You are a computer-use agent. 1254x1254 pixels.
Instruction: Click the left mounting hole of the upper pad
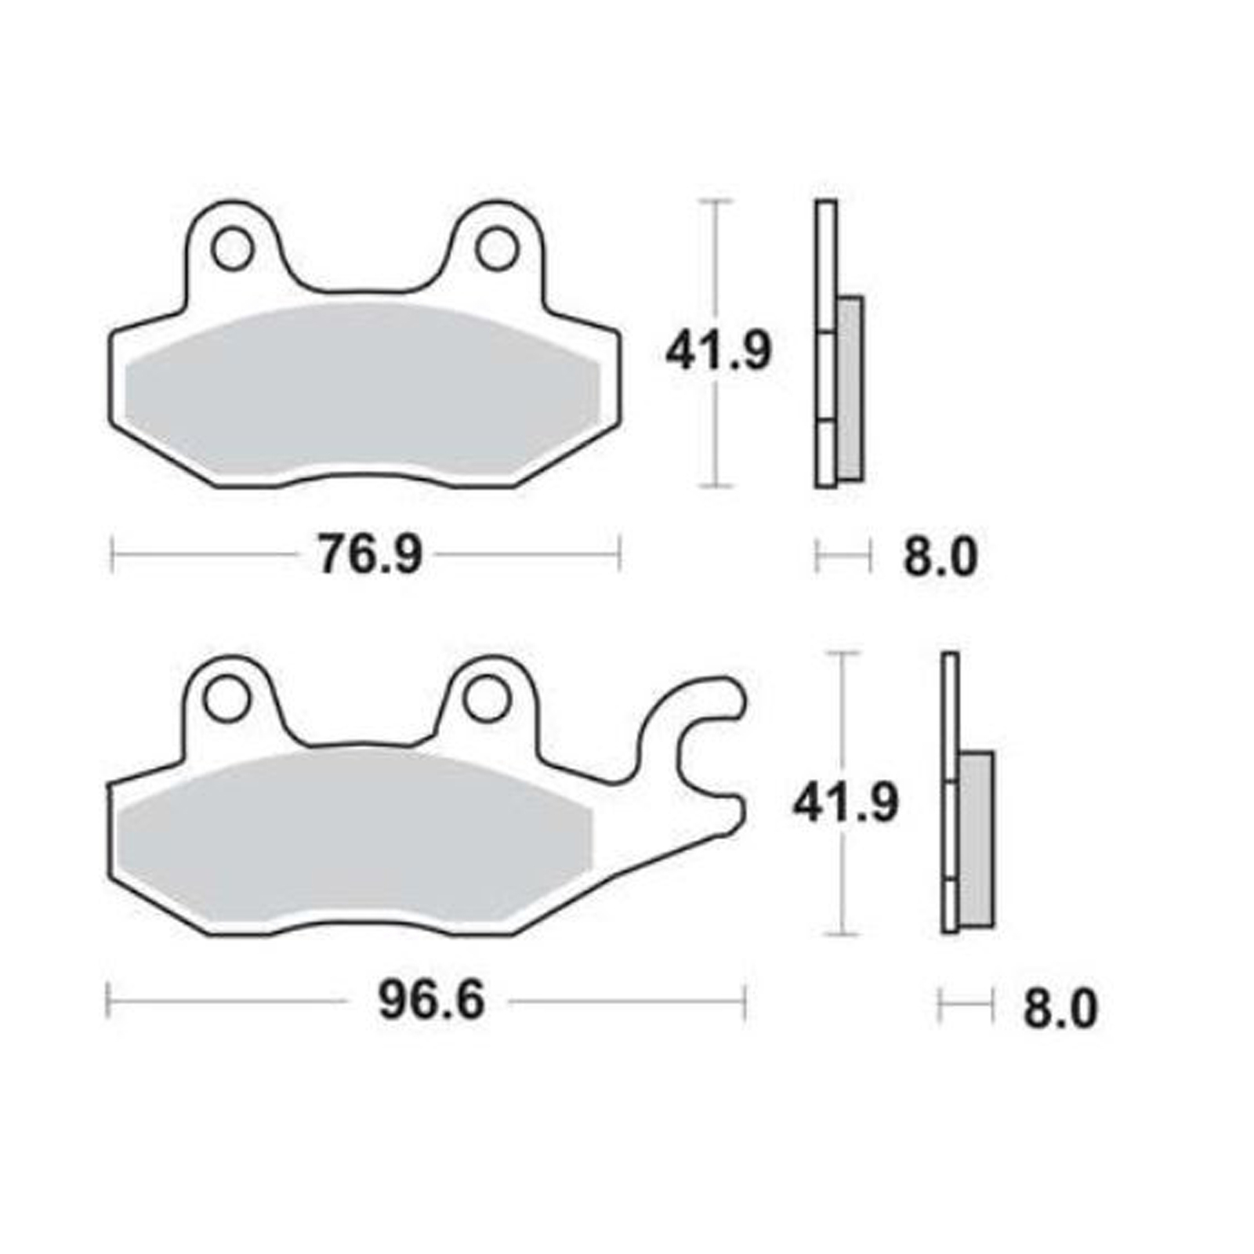click(232, 249)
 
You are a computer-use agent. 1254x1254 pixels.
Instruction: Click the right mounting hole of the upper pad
click(497, 249)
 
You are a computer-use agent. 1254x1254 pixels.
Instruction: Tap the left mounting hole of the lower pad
click(227, 701)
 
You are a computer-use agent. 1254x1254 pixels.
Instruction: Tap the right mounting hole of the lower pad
click(486, 701)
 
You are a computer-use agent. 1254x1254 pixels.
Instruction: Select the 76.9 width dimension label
click(369, 555)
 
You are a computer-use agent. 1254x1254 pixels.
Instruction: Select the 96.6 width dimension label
click(431, 1002)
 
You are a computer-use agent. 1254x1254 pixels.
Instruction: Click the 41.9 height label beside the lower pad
click(845, 803)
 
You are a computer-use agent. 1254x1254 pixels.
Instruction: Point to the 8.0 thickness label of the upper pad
click(940, 557)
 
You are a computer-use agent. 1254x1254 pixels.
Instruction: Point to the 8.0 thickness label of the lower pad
click(1060, 1009)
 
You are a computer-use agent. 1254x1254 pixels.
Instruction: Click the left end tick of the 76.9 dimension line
click(113, 555)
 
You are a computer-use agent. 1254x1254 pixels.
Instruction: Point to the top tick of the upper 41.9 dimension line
click(714, 201)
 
